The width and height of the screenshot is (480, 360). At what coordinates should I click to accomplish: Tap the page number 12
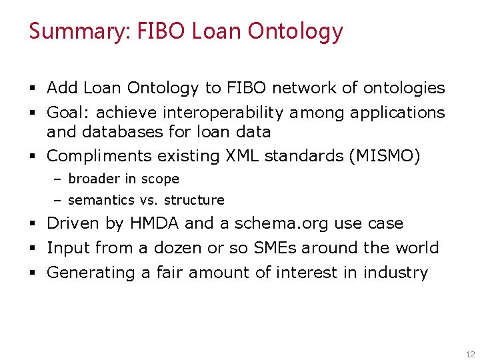470,355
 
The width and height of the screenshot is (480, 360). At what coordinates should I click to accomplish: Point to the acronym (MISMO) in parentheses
385,156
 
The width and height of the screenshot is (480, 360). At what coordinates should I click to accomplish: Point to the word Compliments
99,156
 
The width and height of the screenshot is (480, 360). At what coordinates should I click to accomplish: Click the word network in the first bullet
300,88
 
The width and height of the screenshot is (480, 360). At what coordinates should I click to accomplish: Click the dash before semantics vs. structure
58,200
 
